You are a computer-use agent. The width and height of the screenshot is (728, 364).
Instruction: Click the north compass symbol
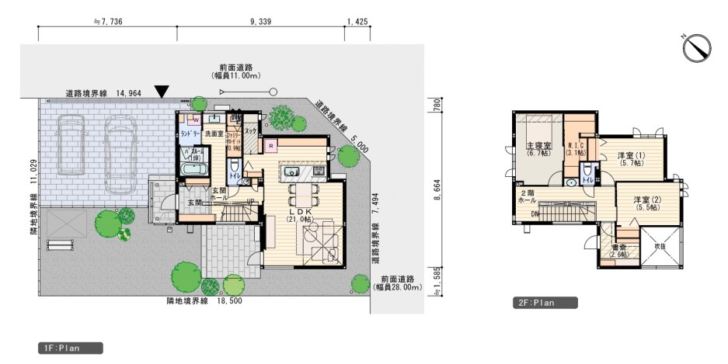697,48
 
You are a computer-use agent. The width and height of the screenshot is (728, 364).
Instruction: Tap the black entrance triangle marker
161,92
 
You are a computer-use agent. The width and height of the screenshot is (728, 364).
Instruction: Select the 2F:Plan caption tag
543,303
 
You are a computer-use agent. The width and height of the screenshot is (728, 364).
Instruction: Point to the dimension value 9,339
260,23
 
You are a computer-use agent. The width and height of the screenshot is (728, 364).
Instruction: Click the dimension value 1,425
357,23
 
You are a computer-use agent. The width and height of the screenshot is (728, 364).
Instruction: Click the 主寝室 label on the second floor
538,149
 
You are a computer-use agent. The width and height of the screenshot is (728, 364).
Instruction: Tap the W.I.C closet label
576,148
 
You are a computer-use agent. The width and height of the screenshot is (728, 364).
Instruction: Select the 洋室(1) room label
630,159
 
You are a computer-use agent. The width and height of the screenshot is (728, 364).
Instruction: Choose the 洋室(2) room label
645,203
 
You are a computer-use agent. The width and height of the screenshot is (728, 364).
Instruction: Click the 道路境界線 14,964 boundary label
96,93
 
